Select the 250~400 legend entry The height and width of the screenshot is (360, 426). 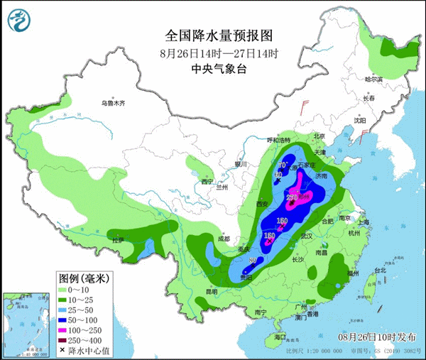pyautogui.click(x=85, y=339)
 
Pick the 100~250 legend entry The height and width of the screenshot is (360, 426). pyautogui.click(x=85, y=329)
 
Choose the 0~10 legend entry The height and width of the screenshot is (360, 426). pyautogui.click(x=83, y=290)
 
